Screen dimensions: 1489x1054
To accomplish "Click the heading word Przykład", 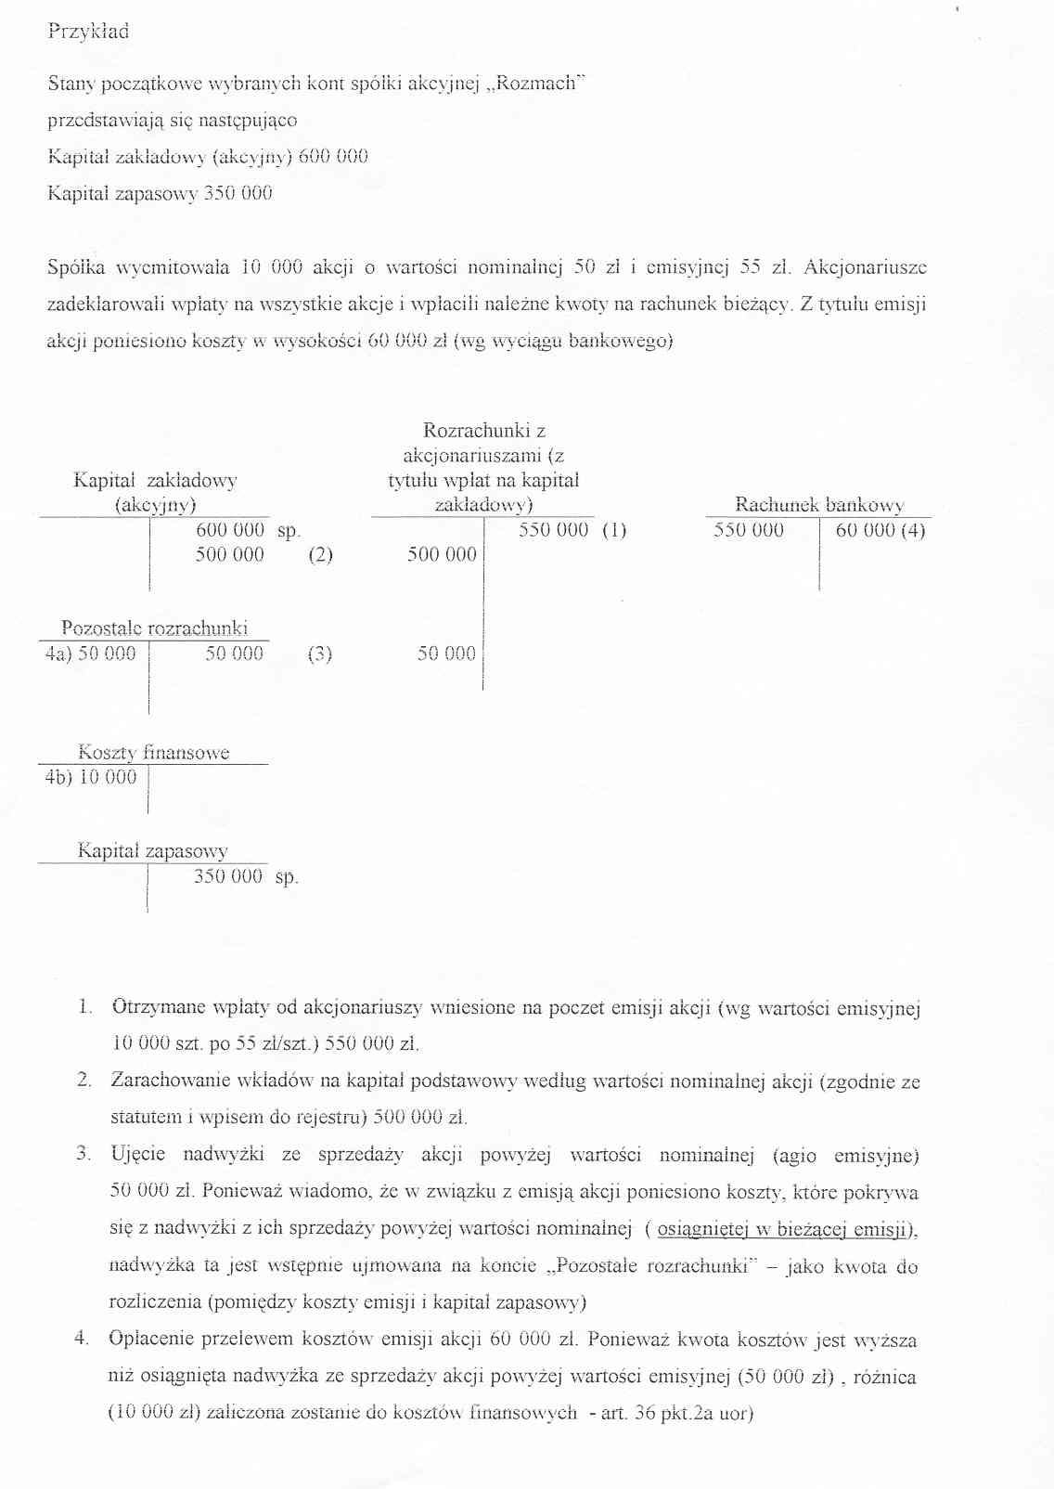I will click(x=88, y=32).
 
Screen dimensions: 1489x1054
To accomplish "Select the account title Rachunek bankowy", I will click(x=819, y=505).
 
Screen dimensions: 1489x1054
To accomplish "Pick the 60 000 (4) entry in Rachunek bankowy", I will click(x=880, y=530).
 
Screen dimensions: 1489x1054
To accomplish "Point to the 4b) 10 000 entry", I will click(x=91, y=777).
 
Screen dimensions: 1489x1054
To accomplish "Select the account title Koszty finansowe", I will click(x=153, y=752).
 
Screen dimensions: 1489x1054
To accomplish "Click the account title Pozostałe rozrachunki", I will click(x=154, y=628).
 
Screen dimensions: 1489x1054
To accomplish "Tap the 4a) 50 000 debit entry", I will click(x=91, y=654).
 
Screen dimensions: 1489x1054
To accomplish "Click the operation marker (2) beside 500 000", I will click(x=320, y=555).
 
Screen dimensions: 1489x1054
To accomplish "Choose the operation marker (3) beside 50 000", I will click(x=319, y=654).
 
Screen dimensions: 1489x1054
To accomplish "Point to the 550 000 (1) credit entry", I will click(x=572, y=530).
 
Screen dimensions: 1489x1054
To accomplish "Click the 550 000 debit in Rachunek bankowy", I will click(x=748, y=530).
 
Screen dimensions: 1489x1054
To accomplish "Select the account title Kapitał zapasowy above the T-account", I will click(x=152, y=850).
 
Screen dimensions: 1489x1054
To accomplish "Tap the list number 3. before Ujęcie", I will click(x=84, y=1154).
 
